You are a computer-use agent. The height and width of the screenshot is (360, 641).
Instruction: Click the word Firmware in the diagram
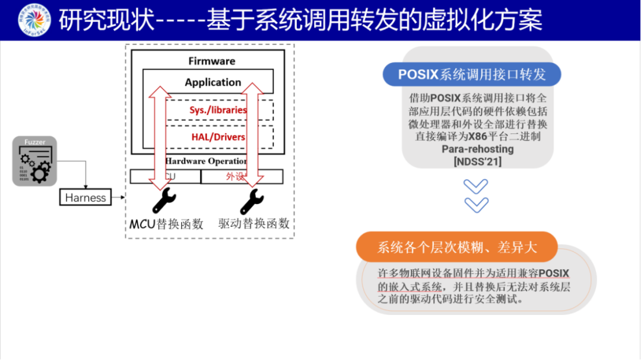pos(212,61)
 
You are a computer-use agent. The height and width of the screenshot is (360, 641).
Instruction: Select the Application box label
pos(212,82)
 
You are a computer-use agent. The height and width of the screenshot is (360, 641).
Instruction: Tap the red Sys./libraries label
pos(218,110)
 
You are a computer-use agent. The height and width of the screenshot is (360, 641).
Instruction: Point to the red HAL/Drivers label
pos(218,137)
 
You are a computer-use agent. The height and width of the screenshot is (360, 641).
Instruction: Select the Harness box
pos(85,197)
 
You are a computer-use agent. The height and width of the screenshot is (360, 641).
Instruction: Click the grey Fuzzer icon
pos(34,161)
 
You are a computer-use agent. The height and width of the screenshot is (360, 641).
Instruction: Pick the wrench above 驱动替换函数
pos(252,202)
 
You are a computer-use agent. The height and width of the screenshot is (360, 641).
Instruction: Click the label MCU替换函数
pos(167,224)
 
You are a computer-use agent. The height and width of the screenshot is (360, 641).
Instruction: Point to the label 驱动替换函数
pos(254,224)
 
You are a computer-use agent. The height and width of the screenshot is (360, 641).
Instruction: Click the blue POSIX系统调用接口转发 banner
pos(472,75)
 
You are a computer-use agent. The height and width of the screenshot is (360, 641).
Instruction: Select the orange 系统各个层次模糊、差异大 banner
pos(457,247)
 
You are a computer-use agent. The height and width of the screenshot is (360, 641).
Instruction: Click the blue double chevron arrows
pos(475,195)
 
